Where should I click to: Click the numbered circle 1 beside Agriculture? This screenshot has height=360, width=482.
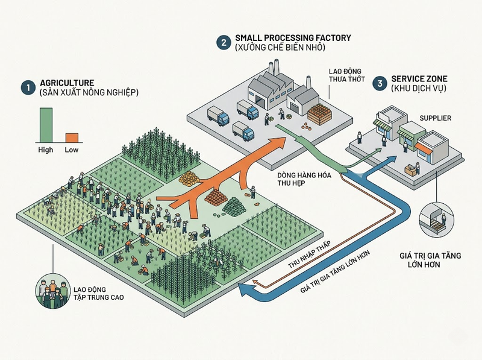(x=28, y=87)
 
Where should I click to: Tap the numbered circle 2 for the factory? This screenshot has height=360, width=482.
(x=224, y=42)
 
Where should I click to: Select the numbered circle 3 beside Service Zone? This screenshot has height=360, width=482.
(x=380, y=83)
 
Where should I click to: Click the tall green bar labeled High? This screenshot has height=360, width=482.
(x=46, y=125)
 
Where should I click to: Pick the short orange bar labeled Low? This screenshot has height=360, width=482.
(x=72, y=138)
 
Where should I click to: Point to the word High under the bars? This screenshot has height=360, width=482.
(x=46, y=150)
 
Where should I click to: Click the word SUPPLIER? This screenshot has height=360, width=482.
(x=435, y=118)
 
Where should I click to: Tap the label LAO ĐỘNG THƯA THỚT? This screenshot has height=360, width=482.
(x=347, y=75)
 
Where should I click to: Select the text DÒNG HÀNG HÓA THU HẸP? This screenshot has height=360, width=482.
(x=304, y=179)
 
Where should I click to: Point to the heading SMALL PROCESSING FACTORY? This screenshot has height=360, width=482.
(x=293, y=38)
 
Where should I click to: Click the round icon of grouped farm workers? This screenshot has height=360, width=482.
(x=53, y=291)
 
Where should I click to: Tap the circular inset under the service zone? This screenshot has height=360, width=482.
(x=436, y=219)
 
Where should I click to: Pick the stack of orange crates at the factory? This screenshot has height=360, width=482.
(x=320, y=114)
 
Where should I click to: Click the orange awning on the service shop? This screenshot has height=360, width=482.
(x=424, y=148)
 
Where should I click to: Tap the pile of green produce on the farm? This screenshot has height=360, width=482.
(x=234, y=206)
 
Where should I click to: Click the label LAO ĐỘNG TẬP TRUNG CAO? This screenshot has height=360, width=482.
(x=99, y=293)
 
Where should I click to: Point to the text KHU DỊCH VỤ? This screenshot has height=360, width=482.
(x=419, y=88)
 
